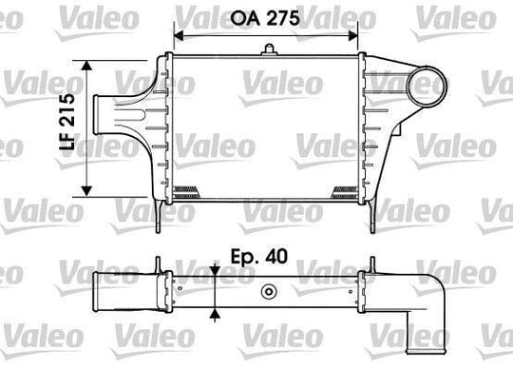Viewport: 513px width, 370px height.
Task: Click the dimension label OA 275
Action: [265, 18]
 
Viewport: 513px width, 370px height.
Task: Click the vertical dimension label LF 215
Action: [67, 122]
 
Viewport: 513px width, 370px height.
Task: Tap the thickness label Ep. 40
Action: [259, 256]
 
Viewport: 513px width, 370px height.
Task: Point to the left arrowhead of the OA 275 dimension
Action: [179, 36]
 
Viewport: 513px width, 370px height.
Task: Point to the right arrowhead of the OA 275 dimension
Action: [353, 36]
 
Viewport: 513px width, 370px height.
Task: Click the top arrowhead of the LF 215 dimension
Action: [86, 66]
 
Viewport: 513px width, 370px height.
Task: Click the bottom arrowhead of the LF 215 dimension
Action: [86, 191]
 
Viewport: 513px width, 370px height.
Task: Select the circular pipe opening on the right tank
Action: [427, 87]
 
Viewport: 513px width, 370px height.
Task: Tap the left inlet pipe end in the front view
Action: [96, 114]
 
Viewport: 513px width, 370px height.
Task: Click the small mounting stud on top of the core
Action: [269, 50]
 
